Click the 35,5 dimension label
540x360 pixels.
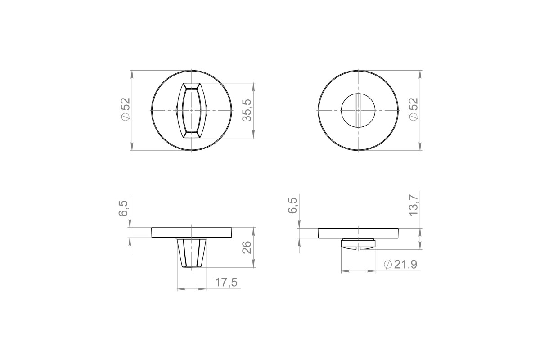247,110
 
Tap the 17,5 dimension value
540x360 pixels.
226,283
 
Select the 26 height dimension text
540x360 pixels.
247,247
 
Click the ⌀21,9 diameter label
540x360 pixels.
400,265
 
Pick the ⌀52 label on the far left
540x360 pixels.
126,109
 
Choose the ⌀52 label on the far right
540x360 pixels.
413,109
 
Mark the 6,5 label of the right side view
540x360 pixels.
292,206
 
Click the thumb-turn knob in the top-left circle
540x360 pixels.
192,111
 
